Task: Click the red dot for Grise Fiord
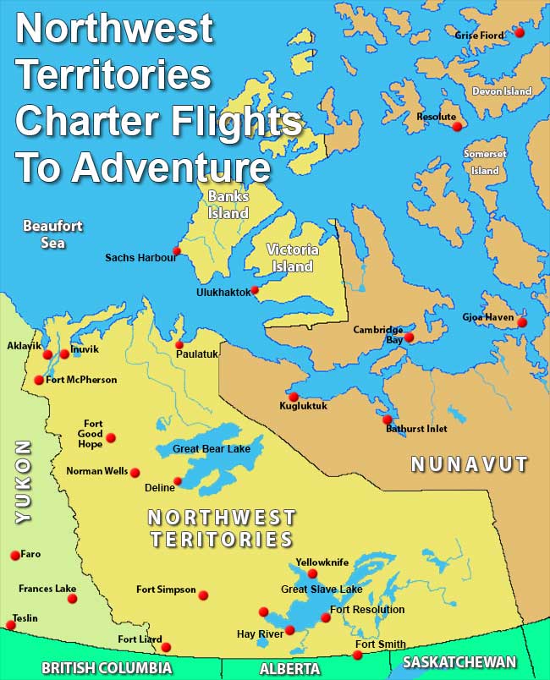(x=520, y=32)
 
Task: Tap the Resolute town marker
(x=457, y=126)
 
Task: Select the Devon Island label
(x=502, y=91)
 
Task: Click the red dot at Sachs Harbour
(x=177, y=250)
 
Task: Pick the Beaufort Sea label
(x=44, y=234)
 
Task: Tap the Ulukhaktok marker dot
(x=255, y=290)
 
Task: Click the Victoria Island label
(x=292, y=258)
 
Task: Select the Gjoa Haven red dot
(x=521, y=322)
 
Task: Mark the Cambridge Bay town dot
(x=409, y=337)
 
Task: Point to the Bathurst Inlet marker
(x=387, y=420)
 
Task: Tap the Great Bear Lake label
(x=212, y=448)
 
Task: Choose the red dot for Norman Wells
(x=135, y=473)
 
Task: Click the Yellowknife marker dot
(x=312, y=573)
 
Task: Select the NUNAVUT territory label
(x=469, y=464)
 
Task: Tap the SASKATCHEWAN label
(x=459, y=661)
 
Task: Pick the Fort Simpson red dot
(x=203, y=595)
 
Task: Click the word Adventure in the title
(x=171, y=167)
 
